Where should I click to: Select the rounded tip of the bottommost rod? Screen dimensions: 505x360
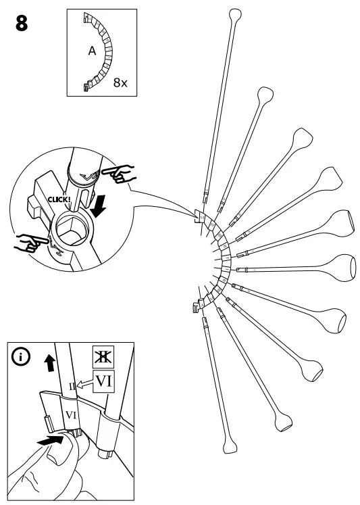coord(231,447)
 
